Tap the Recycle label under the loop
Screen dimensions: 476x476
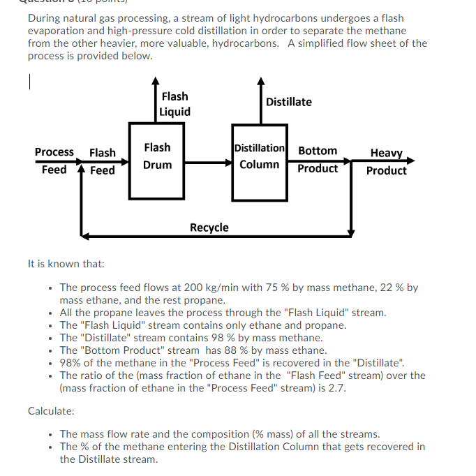pyautogui.click(x=209, y=228)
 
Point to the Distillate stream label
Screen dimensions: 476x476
pyautogui.click(x=289, y=102)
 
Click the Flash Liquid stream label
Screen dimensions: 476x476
pyautogui.click(x=174, y=104)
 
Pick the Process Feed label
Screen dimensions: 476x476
pyautogui.click(x=54, y=161)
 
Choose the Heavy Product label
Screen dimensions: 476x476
pyautogui.click(x=386, y=161)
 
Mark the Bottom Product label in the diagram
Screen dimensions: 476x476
pyautogui.click(x=318, y=159)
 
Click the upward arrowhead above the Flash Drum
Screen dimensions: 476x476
pyautogui.click(x=155, y=79)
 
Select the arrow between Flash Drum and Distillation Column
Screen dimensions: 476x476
pyautogui.click(x=209, y=163)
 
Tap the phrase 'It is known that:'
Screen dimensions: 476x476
pyautogui.click(x=66, y=264)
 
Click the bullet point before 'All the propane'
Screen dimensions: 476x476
pyautogui.click(x=50, y=313)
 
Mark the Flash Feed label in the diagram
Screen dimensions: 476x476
pyautogui.click(x=103, y=161)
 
